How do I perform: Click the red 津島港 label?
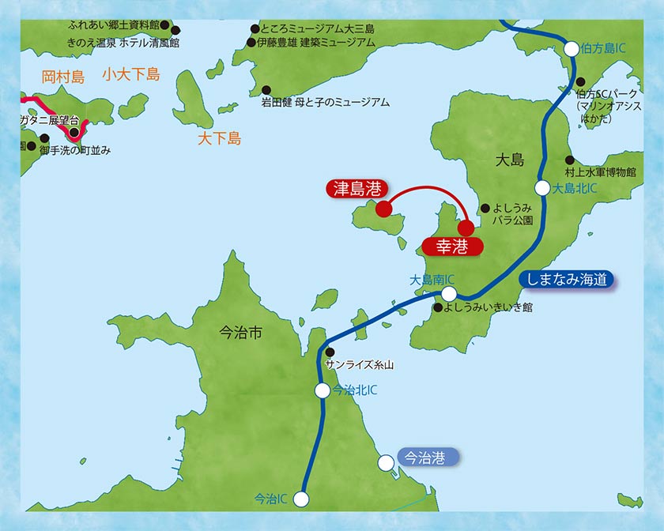(357, 189)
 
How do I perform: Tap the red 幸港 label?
(452, 247)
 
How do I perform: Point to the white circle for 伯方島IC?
(571, 49)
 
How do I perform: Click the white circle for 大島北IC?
(542, 188)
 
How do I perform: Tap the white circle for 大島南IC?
(449, 293)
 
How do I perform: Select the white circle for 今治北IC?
(322, 390)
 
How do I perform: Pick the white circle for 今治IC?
(300, 499)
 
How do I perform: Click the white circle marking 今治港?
(385, 462)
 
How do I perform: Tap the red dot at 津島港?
(383, 209)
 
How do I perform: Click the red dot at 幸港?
(466, 229)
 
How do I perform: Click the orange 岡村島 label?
(62, 77)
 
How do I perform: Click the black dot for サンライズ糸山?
(330, 352)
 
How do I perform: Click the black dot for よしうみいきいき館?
(436, 307)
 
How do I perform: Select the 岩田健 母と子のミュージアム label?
(326, 103)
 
